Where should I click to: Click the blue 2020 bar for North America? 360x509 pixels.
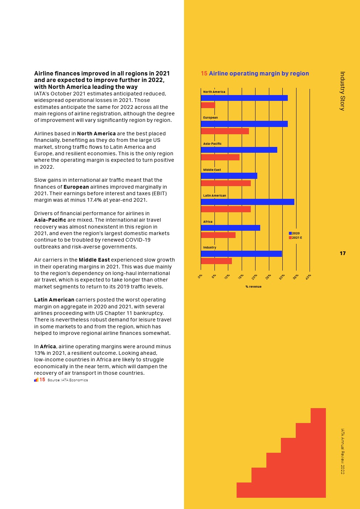[x=244, y=98]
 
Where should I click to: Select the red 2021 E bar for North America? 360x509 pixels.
[x=208, y=105]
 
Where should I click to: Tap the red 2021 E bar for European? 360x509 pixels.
[x=225, y=131]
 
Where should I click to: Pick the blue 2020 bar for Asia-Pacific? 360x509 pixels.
[x=239, y=150]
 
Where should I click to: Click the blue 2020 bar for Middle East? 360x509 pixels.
[x=229, y=176]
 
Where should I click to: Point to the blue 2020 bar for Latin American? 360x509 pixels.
[x=247, y=202]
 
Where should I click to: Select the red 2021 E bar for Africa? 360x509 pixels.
[x=218, y=235]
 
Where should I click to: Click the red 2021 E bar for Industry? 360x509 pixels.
[x=216, y=261]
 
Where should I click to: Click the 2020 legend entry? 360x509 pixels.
[x=294, y=233]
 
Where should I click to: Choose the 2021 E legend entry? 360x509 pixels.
[x=295, y=238]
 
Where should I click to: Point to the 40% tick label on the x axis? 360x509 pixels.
[x=308, y=277]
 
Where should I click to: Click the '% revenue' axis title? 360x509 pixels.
[x=253, y=287]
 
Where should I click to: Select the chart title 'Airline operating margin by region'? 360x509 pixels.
[x=259, y=73]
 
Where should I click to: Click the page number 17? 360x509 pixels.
[x=343, y=253]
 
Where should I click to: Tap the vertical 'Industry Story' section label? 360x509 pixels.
[x=343, y=91]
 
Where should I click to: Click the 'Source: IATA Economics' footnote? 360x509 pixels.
[x=67, y=380]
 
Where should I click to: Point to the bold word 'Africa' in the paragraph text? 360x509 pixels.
[x=48, y=346]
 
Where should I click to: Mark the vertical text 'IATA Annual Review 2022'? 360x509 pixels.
[x=343, y=451]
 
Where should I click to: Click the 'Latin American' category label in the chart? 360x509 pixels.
[x=214, y=196]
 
